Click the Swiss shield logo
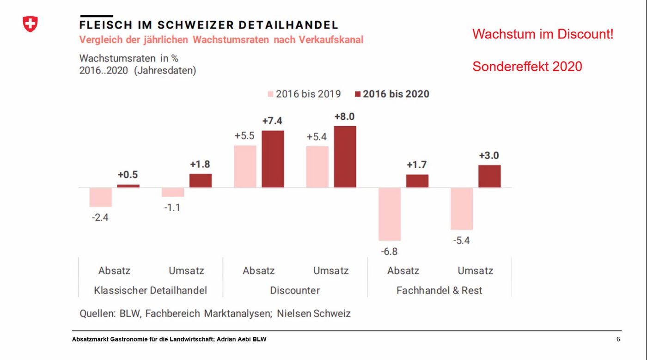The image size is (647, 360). pos(30,24)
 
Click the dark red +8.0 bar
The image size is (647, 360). pos(345,157)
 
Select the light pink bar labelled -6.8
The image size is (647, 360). pos(389,214)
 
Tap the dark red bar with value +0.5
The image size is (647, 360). pos(128,186)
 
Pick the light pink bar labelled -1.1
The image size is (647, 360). pos(173,192)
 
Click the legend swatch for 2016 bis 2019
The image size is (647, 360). pos(270,94)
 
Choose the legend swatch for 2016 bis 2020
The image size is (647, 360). pos(357,94)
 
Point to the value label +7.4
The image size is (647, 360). pos(272,121)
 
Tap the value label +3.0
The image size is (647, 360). pos(488,155)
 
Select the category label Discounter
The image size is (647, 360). pos(295,290)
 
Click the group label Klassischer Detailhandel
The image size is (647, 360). pos(150,290)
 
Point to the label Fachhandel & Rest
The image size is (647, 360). pos(439,290)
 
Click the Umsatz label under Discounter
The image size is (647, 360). pos(331,270)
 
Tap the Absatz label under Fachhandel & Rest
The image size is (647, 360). pos(403,270)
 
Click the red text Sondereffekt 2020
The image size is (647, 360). pos(527,67)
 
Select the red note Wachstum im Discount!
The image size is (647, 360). pos(543,34)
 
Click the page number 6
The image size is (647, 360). pos(618,340)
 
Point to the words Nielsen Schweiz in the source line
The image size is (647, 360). pos(314,313)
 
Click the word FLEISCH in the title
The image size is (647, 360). pos(106,25)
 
